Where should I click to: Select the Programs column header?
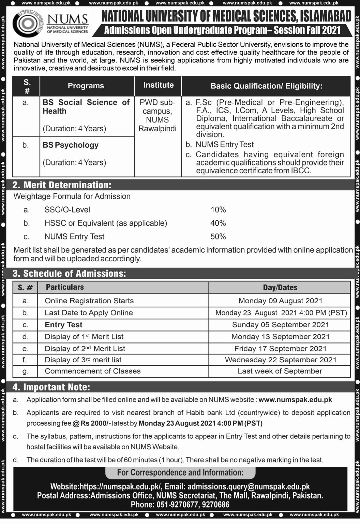click(86, 86)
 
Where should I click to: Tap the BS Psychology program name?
click(71, 145)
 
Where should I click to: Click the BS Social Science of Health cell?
click(86, 107)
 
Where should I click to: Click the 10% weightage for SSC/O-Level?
click(218, 210)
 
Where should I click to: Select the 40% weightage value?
click(218, 223)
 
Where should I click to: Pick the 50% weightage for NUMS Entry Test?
click(218, 236)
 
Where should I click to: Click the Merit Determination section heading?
click(62, 185)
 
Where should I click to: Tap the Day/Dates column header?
click(280, 288)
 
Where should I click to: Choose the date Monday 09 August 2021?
click(280, 301)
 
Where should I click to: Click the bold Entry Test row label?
click(64, 325)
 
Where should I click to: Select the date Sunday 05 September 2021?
click(280, 325)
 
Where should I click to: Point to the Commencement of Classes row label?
click(92, 371)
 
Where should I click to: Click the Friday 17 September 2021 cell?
click(280, 349)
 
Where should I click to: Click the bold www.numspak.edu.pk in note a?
click(295, 399)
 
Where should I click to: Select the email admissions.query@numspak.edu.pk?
click(249, 486)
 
